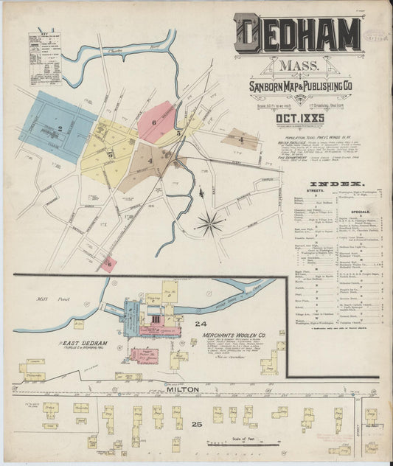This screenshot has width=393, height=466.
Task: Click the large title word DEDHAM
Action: [x=299, y=34]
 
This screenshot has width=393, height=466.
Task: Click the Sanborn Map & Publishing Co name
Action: [x=298, y=88]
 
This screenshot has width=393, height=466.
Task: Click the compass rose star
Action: [x=210, y=222]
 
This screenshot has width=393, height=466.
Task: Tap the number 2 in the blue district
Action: [x=58, y=128]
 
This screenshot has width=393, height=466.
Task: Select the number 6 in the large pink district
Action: [x=154, y=122]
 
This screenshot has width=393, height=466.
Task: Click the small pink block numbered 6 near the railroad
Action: [x=108, y=264]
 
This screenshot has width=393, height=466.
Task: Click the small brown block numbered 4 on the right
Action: [x=240, y=139]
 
